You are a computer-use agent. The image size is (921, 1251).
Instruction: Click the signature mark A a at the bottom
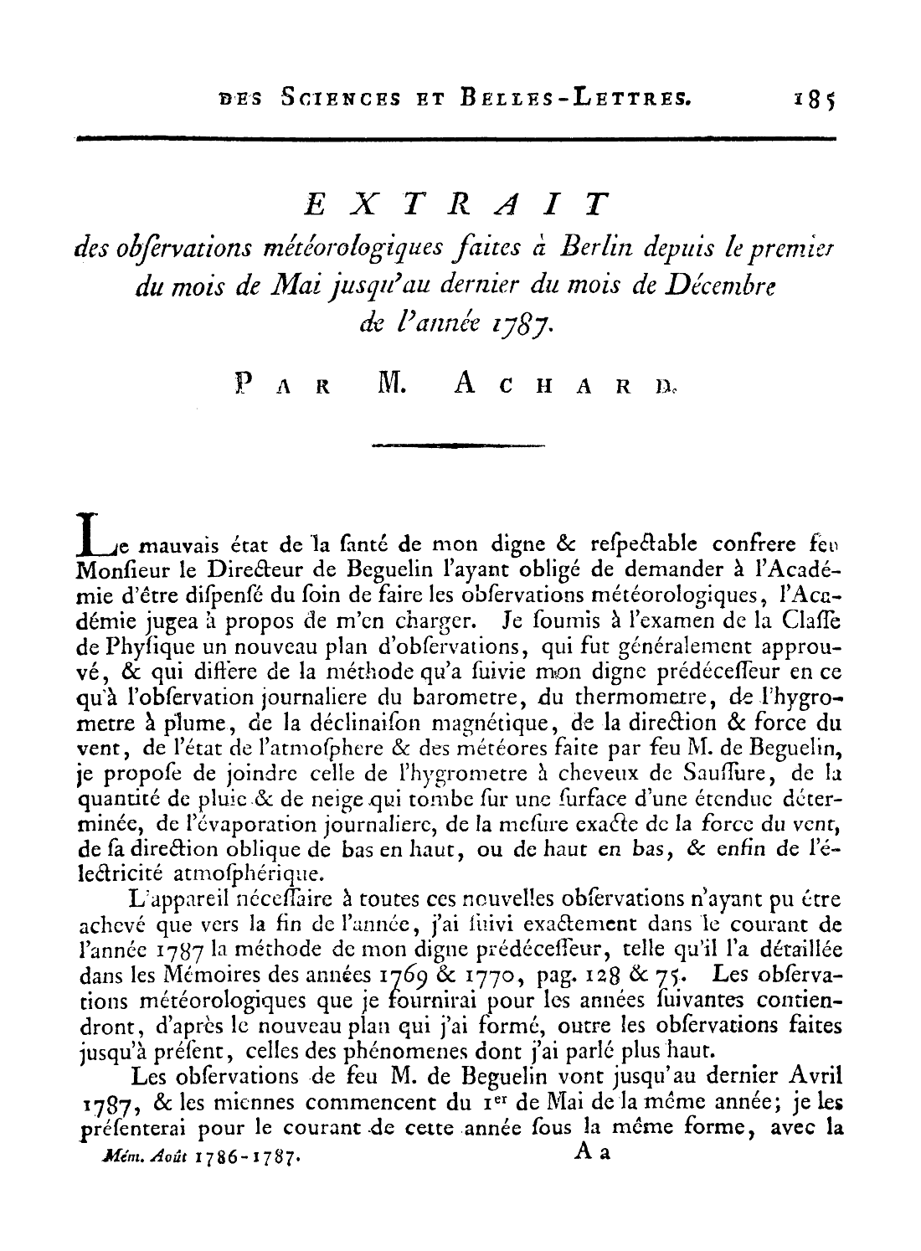pos(593,1152)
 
